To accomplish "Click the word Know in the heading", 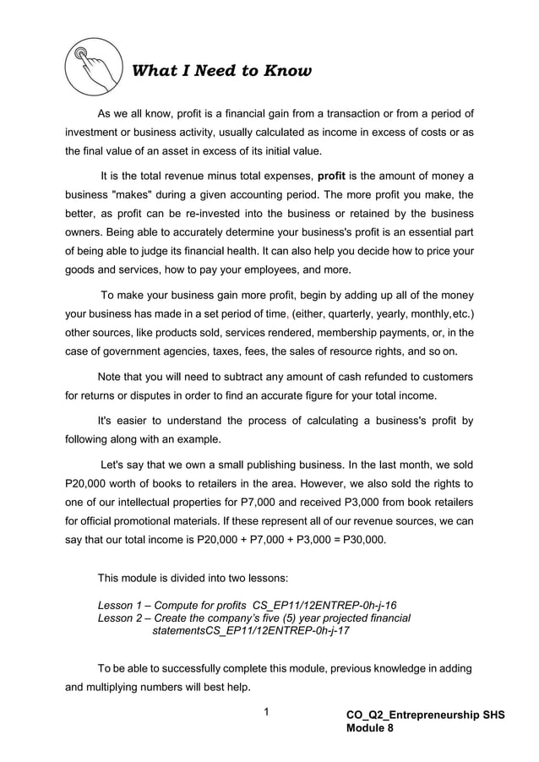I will coord(288,71).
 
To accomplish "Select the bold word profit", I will coord(332,177).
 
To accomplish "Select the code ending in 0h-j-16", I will coord(324,605).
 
